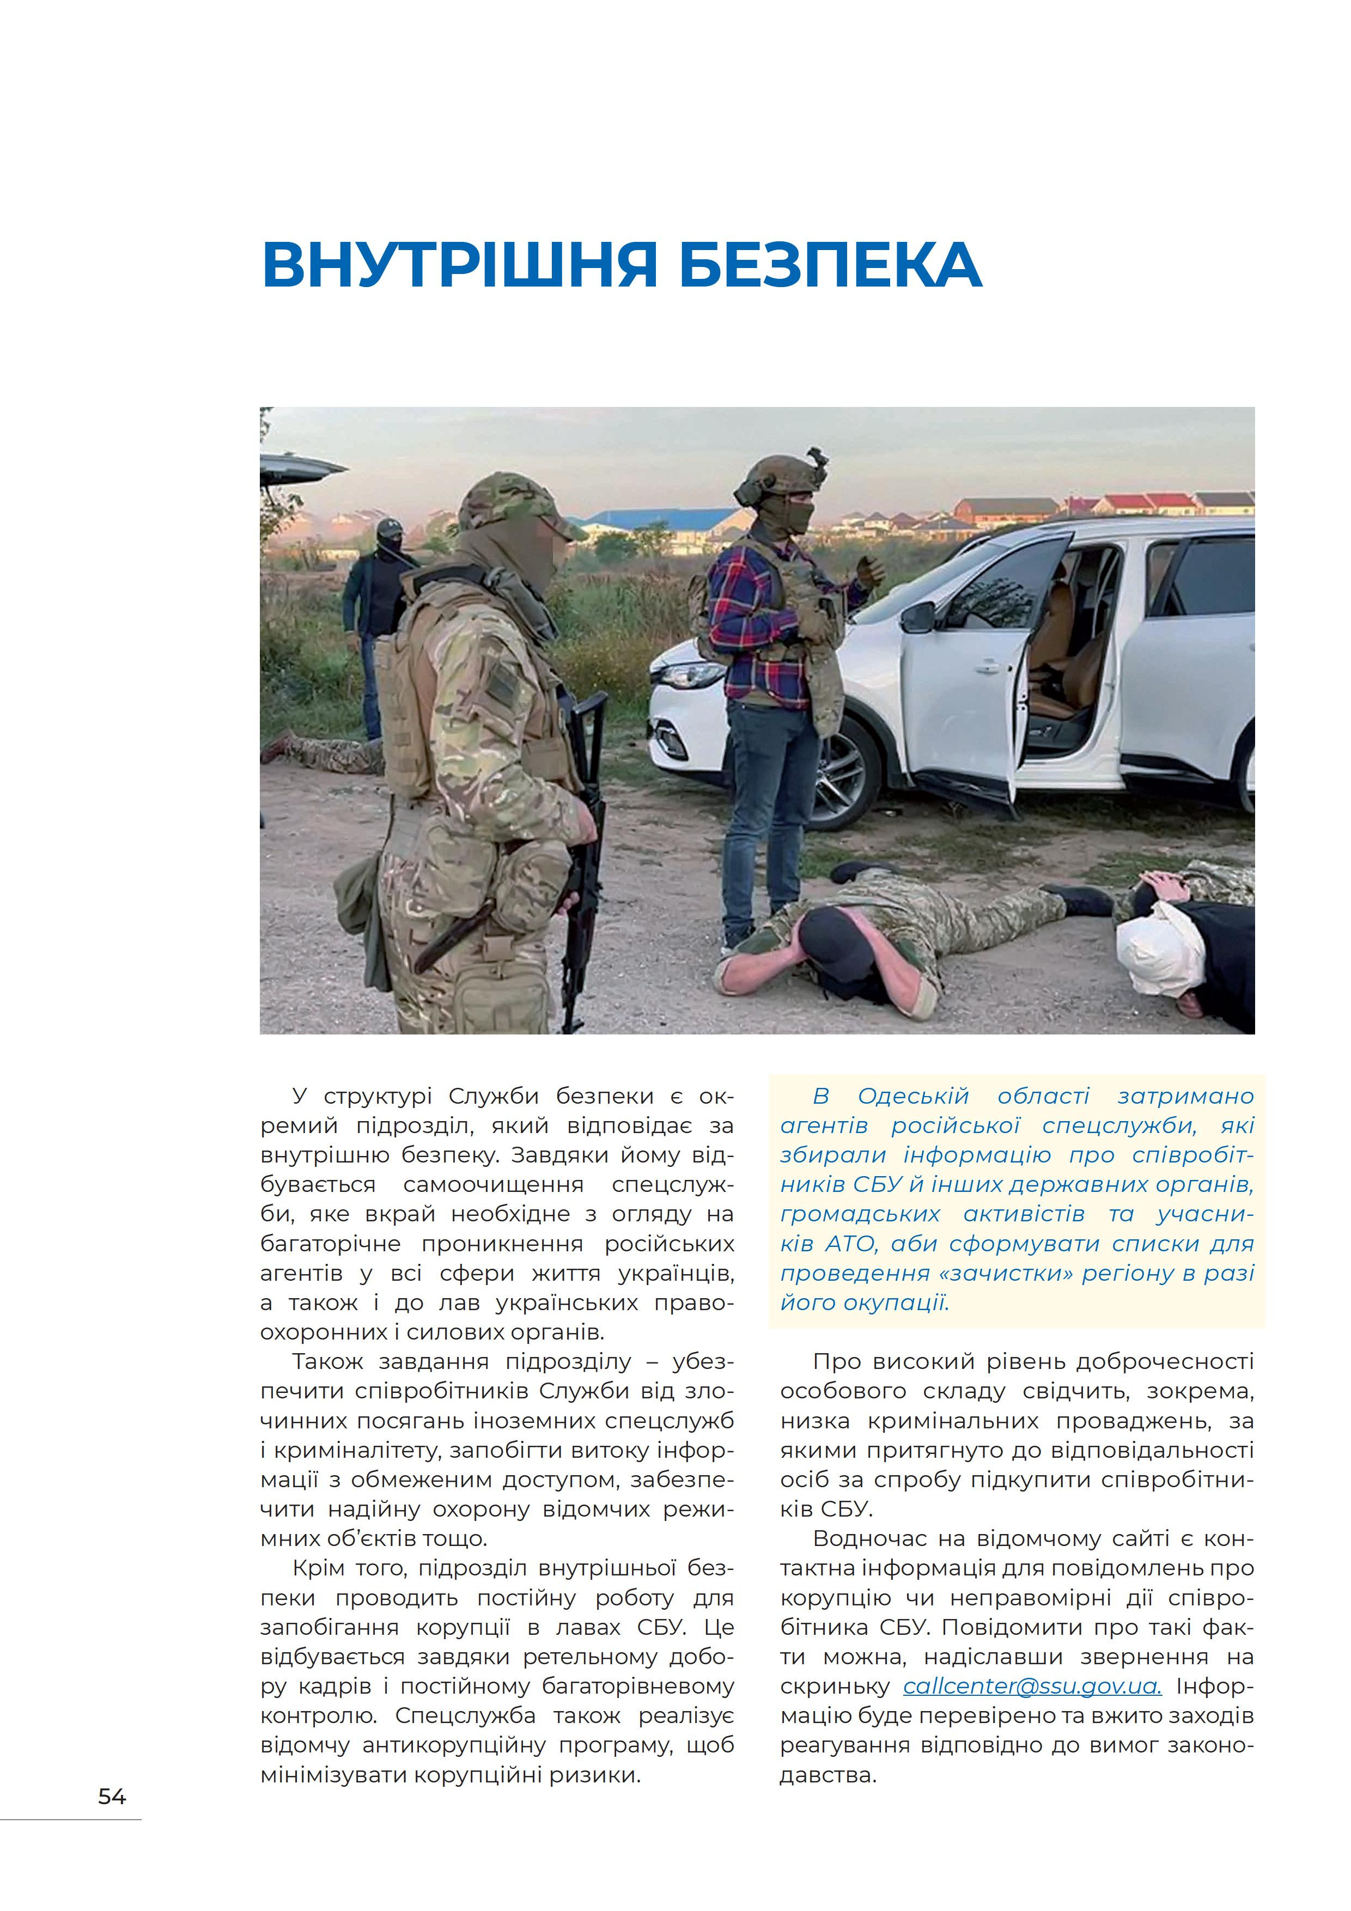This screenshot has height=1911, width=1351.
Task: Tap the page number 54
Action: click(x=112, y=1796)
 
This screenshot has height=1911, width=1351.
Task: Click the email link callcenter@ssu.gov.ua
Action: click(x=1031, y=1686)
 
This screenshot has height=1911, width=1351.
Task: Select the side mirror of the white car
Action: click(x=918, y=617)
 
